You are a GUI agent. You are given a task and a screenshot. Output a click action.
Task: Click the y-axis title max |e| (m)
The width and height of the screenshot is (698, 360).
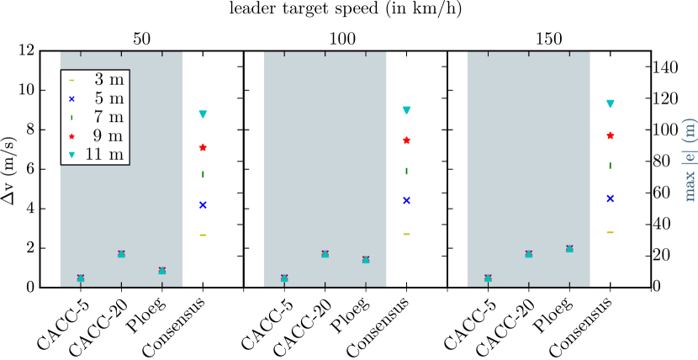coord(689,160)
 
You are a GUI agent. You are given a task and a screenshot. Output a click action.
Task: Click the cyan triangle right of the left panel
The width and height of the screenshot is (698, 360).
coord(203,114)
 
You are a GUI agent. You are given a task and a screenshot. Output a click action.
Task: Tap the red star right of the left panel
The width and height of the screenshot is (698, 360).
coord(203,147)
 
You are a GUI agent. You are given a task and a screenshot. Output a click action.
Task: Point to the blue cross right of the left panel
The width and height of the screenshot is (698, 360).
coord(203,204)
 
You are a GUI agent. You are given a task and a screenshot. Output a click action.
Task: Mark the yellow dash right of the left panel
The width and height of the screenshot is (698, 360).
coord(203,235)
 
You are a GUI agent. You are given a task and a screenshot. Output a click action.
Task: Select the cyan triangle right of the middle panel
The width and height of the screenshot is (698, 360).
coord(406,110)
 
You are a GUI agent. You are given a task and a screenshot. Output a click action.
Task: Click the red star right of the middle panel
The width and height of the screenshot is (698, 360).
coord(406,140)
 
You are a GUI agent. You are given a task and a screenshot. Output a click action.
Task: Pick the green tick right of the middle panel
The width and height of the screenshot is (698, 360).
coord(406,171)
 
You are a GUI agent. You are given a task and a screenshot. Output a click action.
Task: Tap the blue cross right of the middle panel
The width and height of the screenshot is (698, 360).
coord(406,200)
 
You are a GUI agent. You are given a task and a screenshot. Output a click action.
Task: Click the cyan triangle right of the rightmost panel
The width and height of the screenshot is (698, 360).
coord(611,104)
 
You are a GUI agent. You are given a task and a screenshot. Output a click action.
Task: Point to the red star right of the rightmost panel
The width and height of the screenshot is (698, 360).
coord(611,135)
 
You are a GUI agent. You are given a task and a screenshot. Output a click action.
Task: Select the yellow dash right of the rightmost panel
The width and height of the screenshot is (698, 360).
coord(611,232)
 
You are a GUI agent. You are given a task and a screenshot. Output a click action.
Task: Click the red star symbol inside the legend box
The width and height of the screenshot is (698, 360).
coord(71,135)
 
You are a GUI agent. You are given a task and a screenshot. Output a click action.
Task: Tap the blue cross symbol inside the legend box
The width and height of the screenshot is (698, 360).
coord(71,98)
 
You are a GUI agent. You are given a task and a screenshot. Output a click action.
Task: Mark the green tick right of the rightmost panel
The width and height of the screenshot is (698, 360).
coord(611,166)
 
